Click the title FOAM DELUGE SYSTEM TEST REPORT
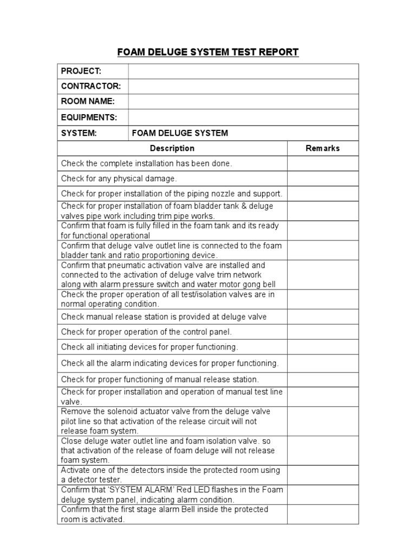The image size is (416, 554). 208,52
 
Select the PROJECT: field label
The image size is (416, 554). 81,71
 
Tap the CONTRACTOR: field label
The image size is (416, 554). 90,87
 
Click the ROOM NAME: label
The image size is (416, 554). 88,102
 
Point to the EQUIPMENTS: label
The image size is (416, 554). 89,117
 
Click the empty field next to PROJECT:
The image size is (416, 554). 243,71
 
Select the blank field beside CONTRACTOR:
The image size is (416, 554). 243,87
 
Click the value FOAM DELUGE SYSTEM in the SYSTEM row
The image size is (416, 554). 180,133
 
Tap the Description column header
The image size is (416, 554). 172,148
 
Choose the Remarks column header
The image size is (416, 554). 323,148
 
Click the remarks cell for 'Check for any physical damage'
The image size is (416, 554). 323,179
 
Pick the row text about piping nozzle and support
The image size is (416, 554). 172,194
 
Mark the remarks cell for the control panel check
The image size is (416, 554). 323,332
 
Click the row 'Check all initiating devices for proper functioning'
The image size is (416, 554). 149,347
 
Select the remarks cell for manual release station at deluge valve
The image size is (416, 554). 323,316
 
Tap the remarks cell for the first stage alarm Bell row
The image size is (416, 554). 323,515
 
